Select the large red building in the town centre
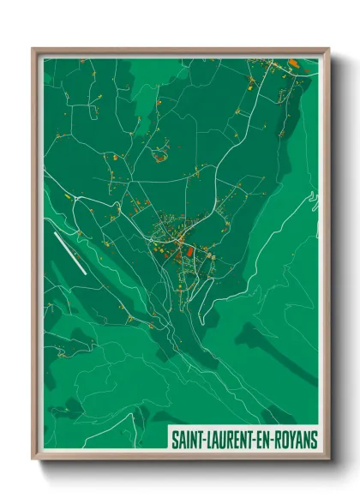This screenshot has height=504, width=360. pos(179,251)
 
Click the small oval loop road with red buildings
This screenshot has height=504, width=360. pos(159,156)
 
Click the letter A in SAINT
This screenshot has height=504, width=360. pos(182,441)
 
